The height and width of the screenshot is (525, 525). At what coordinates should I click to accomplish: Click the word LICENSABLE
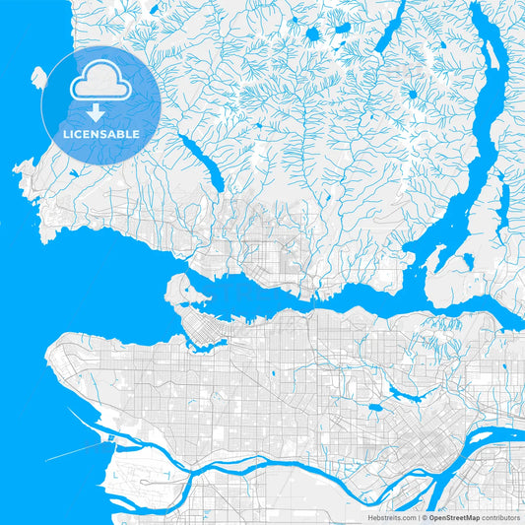coord(100,133)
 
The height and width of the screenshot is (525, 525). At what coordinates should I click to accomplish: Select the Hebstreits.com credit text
coord(392,517)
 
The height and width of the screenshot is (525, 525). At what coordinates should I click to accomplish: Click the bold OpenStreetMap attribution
coord(452,517)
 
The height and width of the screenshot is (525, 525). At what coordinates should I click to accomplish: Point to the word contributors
coord(499,517)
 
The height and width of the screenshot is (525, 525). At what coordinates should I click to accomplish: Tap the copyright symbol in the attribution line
coord(424,517)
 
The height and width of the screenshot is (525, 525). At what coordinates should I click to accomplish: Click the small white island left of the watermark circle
coord(38,77)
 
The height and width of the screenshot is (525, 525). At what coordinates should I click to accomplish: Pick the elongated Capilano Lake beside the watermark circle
coord(201,163)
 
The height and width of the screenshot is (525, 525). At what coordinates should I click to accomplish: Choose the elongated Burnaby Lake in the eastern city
coord(403,395)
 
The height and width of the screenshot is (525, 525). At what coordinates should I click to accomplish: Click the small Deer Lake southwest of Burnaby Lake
coord(374,408)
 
